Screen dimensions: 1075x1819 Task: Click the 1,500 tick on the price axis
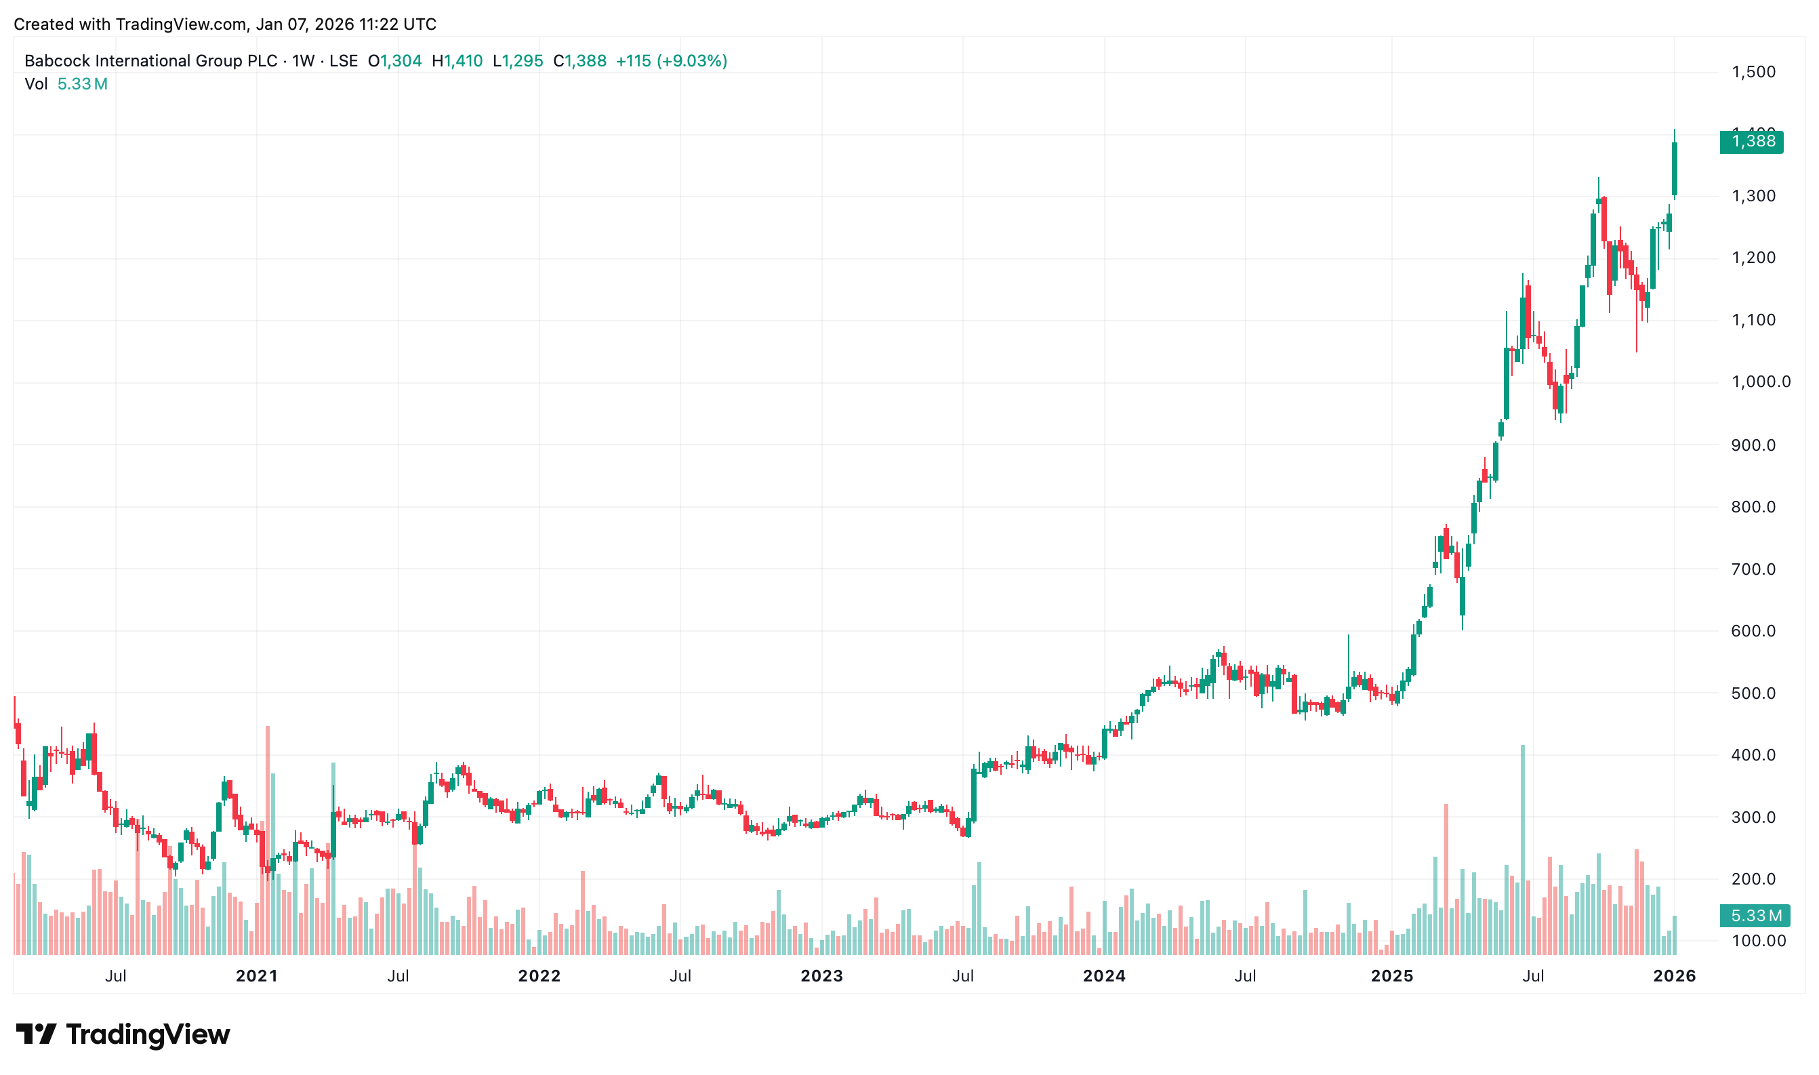point(1753,72)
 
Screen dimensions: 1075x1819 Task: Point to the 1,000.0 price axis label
point(1760,382)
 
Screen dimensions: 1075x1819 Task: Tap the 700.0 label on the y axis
point(1753,569)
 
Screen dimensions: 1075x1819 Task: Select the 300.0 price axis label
point(1753,817)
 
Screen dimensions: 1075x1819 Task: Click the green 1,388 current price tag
point(1751,141)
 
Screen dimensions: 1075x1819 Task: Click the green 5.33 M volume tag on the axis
point(1755,916)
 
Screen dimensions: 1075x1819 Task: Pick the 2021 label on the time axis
point(256,977)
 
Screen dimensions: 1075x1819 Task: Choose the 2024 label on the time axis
point(1103,977)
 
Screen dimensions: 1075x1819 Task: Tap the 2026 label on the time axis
point(1673,977)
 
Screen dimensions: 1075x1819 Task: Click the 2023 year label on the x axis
point(821,977)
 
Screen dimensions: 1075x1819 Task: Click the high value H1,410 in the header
point(457,61)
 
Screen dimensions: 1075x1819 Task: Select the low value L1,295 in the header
point(518,61)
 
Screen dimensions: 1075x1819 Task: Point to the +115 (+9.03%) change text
point(671,61)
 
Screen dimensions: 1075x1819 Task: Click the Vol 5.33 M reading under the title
point(66,84)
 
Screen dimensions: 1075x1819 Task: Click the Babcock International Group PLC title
point(150,61)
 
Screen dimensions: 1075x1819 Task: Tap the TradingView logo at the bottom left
point(123,1034)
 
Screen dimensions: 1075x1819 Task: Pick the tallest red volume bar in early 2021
point(267,840)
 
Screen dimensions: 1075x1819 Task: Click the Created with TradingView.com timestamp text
point(224,24)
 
